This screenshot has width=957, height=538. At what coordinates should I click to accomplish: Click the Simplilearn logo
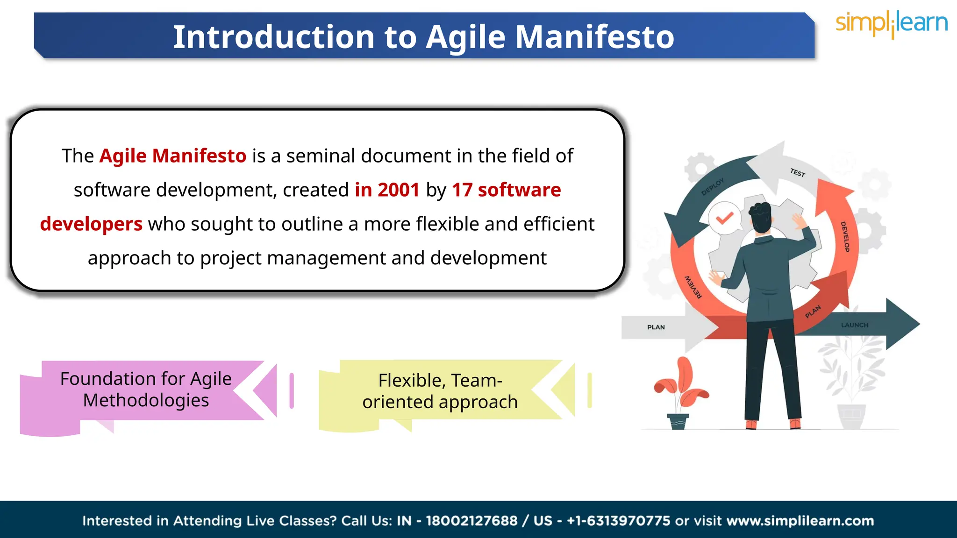891,24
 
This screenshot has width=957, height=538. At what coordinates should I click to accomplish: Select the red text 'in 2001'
387,190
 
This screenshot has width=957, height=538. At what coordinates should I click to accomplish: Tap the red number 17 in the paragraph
462,190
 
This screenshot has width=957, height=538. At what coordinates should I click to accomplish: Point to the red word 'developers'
91,224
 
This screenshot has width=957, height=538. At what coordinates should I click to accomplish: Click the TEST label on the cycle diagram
798,173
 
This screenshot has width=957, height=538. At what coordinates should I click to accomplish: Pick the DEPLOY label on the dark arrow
712,186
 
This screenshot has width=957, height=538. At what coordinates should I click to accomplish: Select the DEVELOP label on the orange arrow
845,237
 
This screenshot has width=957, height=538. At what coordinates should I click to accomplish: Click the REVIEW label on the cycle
693,287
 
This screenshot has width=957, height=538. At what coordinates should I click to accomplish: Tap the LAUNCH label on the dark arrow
855,325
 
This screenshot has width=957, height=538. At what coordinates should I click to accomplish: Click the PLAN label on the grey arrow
656,327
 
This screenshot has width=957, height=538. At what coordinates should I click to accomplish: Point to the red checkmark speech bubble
724,218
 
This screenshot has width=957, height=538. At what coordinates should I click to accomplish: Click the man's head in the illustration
761,217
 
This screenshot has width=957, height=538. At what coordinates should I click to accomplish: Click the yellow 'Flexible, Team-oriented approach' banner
440,391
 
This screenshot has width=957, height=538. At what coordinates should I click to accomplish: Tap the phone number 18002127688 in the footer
471,521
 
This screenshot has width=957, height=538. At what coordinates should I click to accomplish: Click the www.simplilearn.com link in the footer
800,521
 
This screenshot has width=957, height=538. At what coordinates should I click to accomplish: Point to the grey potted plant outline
851,383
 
